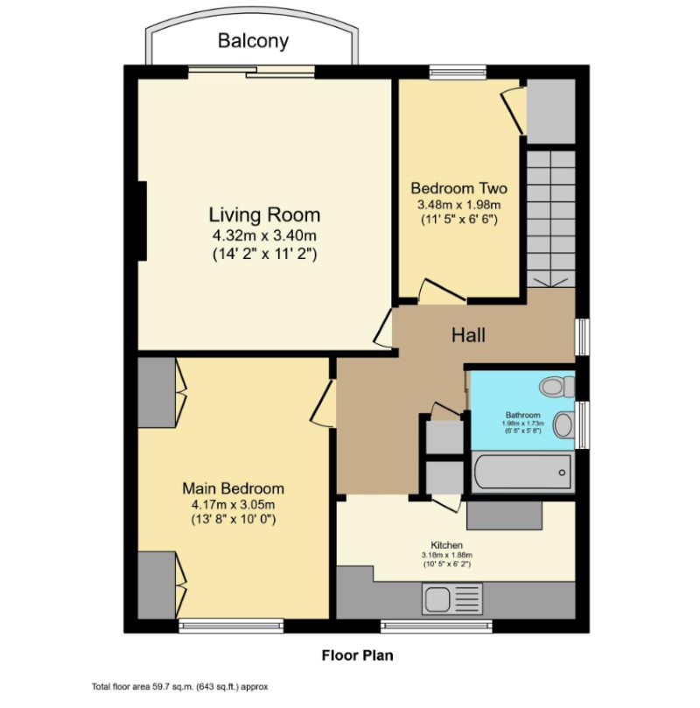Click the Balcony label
click(253, 40)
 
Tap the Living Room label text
click(264, 214)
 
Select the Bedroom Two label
click(458, 188)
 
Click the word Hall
click(468, 334)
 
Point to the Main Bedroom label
click(233, 488)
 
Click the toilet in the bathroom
click(556, 386)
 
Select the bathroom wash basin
click(564, 425)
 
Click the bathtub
click(521, 473)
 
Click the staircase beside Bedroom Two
click(550, 219)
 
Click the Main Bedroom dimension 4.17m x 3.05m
click(233, 504)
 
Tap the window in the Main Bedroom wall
click(231, 625)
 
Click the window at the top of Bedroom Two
click(458, 72)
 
